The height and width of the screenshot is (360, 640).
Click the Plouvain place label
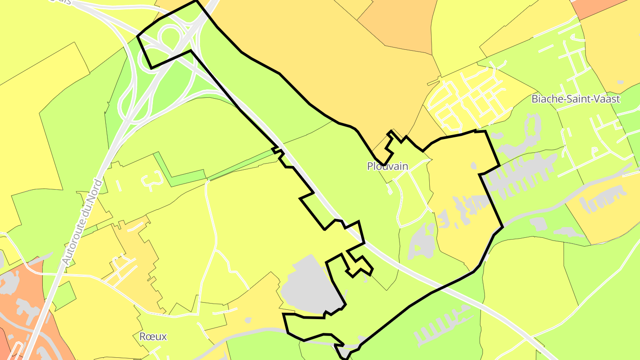click(x=387, y=166)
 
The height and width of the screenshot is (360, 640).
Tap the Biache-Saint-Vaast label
click(x=575, y=99)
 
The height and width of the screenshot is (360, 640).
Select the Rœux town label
click(x=153, y=336)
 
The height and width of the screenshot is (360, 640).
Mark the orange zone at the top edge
click(x=396, y=22)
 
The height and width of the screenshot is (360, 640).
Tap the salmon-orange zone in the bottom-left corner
click(x=18, y=302)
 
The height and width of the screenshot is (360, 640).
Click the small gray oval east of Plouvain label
click(x=474, y=166)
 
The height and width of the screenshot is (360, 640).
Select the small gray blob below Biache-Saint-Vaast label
click(x=620, y=82)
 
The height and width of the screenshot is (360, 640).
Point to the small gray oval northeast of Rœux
click(x=248, y=320)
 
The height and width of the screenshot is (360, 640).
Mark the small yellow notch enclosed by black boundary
click(x=359, y=264)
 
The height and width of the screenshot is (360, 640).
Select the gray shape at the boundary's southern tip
click(x=344, y=352)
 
